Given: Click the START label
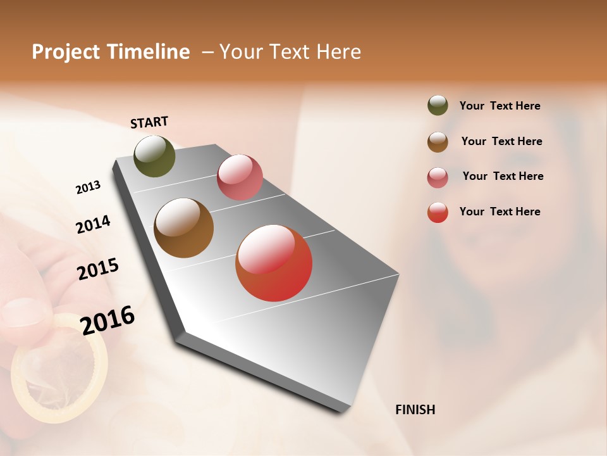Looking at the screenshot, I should (x=149, y=122).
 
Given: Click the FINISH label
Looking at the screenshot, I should (x=415, y=410).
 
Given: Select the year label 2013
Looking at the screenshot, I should (x=88, y=187).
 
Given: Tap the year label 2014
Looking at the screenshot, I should (x=93, y=224).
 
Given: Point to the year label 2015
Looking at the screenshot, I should (x=98, y=269).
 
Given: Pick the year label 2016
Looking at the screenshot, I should (x=107, y=320).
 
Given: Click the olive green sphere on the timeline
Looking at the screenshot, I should (x=154, y=156).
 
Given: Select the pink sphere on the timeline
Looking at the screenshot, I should (x=240, y=177).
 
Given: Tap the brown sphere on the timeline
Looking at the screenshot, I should (x=183, y=228).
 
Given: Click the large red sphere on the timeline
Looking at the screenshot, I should (x=273, y=263).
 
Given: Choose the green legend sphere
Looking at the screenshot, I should (x=438, y=106).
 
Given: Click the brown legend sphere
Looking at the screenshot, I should (x=438, y=142).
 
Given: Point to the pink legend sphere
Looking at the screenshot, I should (x=438, y=177).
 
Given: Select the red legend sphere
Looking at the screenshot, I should (x=438, y=212).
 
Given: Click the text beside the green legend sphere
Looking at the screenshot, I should (x=500, y=106).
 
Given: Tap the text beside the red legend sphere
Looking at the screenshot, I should (x=500, y=212).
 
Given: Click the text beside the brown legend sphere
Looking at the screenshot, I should (x=501, y=141).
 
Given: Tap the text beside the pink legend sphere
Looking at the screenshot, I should (x=503, y=176).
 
